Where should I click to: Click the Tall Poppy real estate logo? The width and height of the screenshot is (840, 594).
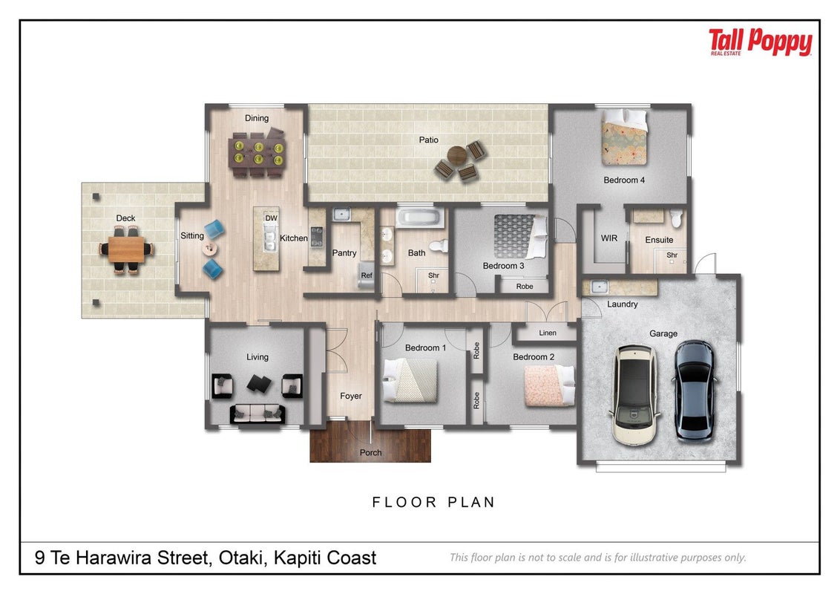(x=760, y=42)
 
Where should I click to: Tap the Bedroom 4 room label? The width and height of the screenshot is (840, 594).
(x=624, y=180)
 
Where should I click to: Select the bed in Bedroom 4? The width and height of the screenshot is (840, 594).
(x=624, y=137)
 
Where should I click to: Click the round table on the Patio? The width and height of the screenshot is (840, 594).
(x=457, y=155)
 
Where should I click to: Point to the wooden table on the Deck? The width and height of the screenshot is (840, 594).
(x=126, y=249)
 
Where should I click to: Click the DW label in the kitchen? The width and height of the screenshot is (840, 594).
(x=272, y=218)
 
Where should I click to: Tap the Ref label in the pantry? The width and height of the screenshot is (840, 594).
(x=367, y=275)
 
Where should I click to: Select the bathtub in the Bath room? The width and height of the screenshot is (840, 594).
(x=420, y=218)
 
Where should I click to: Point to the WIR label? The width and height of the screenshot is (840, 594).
(x=609, y=238)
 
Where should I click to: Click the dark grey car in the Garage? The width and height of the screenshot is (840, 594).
(x=695, y=391)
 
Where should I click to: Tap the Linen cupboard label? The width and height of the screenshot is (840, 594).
(x=548, y=333)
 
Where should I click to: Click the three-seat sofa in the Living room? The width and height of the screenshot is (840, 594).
(x=257, y=414)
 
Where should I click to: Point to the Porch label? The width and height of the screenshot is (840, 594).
(x=371, y=452)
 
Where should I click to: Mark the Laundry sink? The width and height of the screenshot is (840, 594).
(x=599, y=287)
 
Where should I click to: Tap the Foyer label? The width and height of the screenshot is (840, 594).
(x=351, y=396)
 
